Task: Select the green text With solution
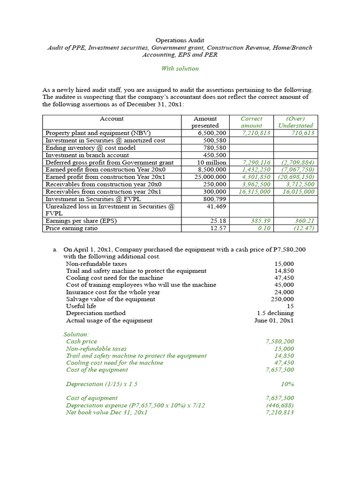click(x=180, y=68)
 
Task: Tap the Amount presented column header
click(x=205, y=122)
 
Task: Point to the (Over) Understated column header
click(x=296, y=122)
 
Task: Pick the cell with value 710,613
click(x=302, y=133)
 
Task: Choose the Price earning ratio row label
click(x=71, y=228)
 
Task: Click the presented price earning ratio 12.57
click(x=217, y=228)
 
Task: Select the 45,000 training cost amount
click(x=284, y=285)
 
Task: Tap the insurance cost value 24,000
click(x=284, y=292)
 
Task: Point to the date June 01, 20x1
click(x=274, y=321)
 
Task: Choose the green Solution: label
click(x=76, y=335)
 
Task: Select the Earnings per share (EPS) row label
click(x=81, y=221)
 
